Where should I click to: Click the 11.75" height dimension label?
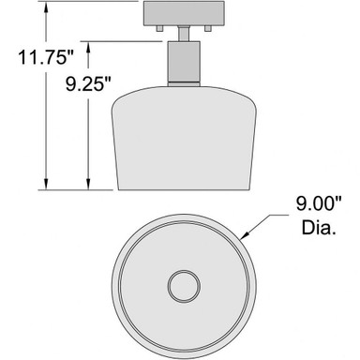pyautogui.click(x=46, y=57)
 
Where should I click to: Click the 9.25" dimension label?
pyautogui.click(x=88, y=83)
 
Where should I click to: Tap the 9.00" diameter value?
pyautogui.click(x=319, y=203)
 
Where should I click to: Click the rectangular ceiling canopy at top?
pyautogui.click(x=184, y=13)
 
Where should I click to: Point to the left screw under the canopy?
pyautogui.click(x=159, y=28)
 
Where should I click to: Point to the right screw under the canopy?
pyautogui.click(x=208, y=28)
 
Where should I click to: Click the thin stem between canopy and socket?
pyautogui.click(x=184, y=34)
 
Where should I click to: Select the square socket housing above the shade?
pyautogui.click(x=184, y=62)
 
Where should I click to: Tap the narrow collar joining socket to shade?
pyautogui.click(x=184, y=84)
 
